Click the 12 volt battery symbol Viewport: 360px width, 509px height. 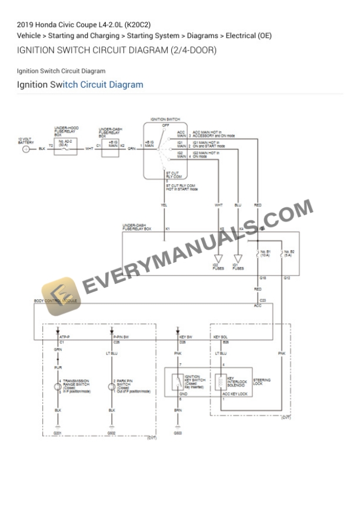[x=26, y=149]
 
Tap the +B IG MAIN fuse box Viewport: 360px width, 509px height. [x=112, y=146]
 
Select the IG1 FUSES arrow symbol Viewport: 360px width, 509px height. [x=238, y=259]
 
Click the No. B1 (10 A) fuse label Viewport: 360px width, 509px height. [x=265, y=254]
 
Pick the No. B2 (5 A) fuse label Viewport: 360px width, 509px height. [x=289, y=254]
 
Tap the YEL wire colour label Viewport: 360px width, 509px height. [x=164, y=205]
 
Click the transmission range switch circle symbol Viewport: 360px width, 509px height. [x=58, y=387]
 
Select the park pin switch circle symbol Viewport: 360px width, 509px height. [x=112, y=387]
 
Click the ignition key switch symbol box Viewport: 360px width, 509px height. [x=177, y=383]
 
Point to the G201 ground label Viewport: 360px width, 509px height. [x=58, y=433]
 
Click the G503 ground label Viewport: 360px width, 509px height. [x=177, y=433]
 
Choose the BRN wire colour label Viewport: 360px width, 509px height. [x=177, y=410]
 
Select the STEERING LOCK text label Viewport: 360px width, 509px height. [x=262, y=381]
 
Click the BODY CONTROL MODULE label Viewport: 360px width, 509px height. [x=56, y=300]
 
